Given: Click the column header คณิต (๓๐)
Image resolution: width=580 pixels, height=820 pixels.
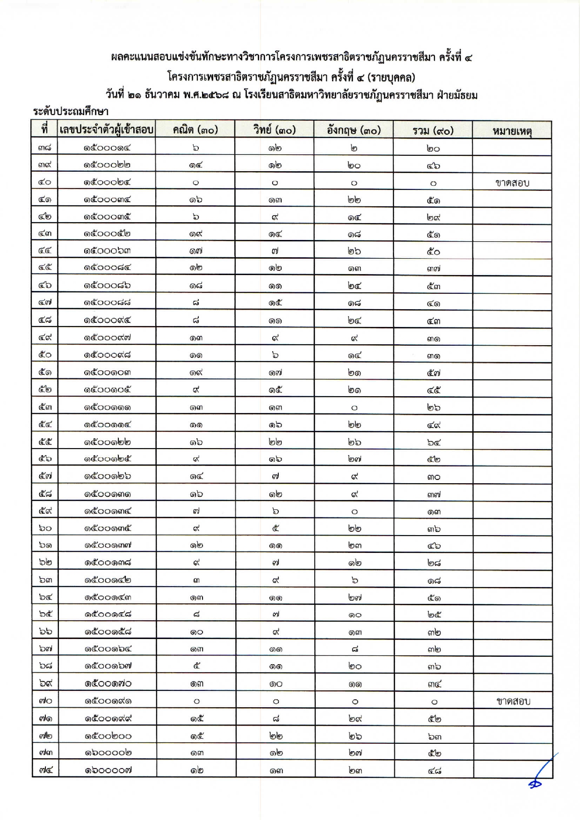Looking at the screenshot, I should point(196,130).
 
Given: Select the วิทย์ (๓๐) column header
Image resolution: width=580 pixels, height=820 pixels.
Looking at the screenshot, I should point(275,130).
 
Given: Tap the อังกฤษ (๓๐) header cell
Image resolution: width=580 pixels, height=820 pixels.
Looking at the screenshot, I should point(354,130).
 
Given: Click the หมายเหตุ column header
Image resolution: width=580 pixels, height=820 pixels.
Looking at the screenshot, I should point(512,131).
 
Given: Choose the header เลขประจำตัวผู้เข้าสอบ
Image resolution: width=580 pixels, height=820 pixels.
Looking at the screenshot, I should point(107,130).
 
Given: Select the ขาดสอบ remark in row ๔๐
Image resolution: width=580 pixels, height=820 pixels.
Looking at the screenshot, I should point(512,183).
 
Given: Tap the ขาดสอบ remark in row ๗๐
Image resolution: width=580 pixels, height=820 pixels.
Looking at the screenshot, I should point(513,701).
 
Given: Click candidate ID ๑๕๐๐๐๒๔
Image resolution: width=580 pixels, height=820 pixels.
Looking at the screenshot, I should point(107,182).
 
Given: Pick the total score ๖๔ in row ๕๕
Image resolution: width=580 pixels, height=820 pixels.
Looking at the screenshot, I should point(434,442).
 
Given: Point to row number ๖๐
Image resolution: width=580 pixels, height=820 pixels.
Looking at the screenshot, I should point(45,528).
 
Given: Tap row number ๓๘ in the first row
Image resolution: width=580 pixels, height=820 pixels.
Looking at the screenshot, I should point(45,148).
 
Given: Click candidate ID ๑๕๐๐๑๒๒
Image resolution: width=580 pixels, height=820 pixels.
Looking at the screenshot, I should point(108,442).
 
